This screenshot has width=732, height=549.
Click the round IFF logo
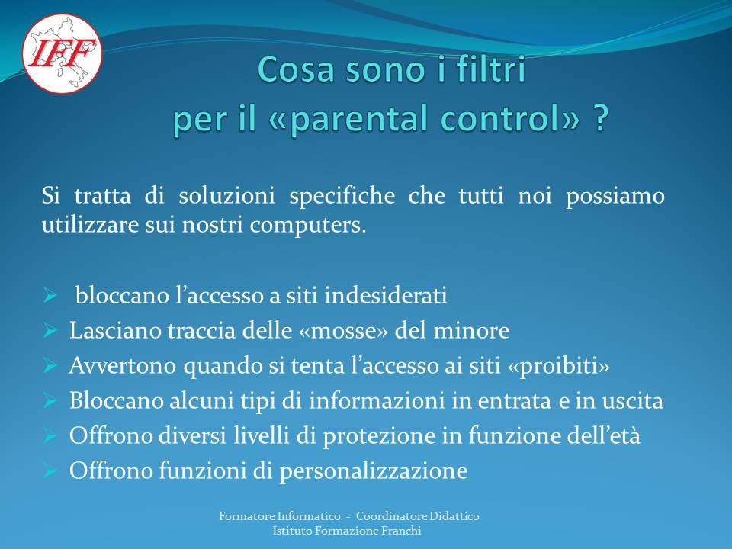click(x=62, y=53)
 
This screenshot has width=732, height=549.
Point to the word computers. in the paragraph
click(x=308, y=225)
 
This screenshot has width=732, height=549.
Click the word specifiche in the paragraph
click(x=342, y=196)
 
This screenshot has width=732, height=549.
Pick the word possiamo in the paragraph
click(x=615, y=196)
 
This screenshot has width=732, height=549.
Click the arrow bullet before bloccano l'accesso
click(x=50, y=296)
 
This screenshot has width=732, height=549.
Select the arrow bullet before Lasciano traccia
click(x=50, y=330)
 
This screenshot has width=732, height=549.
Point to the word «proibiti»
click(x=558, y=366)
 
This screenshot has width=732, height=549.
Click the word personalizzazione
click(x=374, y=471)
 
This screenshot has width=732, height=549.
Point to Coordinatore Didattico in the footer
click(x=418, y=516)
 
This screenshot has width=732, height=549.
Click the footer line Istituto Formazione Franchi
click(x=347, y=531)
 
